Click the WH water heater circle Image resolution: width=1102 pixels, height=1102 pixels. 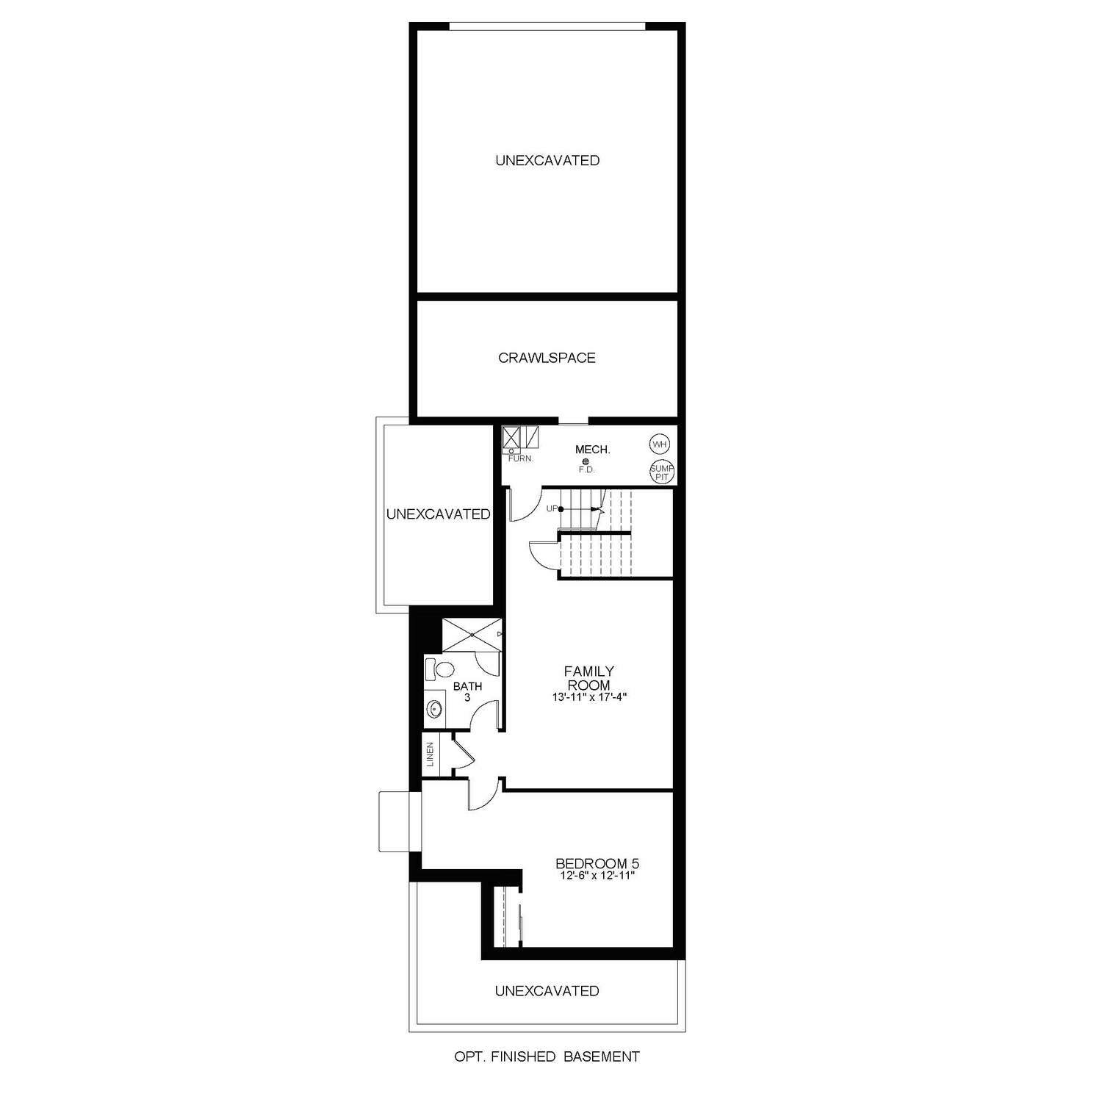click(660, 444)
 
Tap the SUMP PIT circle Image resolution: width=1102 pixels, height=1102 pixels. click(662, 472)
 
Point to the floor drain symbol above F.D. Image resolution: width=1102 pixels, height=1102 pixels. click(586, 461)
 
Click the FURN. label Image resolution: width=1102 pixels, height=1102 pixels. click(521, 458)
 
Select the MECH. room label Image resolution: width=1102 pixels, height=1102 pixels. click(592, 449)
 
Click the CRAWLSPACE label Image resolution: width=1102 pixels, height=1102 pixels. click(547, 358)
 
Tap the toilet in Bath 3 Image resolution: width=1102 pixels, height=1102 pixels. click(443, 669)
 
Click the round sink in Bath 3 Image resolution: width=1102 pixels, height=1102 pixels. click(435, 709)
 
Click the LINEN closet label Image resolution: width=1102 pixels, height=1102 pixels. click(431, 755)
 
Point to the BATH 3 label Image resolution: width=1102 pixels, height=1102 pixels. click(467, 691)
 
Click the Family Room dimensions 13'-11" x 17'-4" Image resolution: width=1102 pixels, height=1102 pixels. click(588, 696)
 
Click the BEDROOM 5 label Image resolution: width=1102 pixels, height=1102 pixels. click(592, 863)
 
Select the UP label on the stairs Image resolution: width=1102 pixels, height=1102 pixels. click(551, 508)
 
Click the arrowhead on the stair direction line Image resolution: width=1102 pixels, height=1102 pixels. click(597, 509)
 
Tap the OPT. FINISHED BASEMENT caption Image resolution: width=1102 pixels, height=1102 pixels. click(547, 1056)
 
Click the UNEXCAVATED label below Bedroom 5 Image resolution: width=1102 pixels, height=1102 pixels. click(547, 991)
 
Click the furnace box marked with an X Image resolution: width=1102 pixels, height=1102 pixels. click(511, 437)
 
